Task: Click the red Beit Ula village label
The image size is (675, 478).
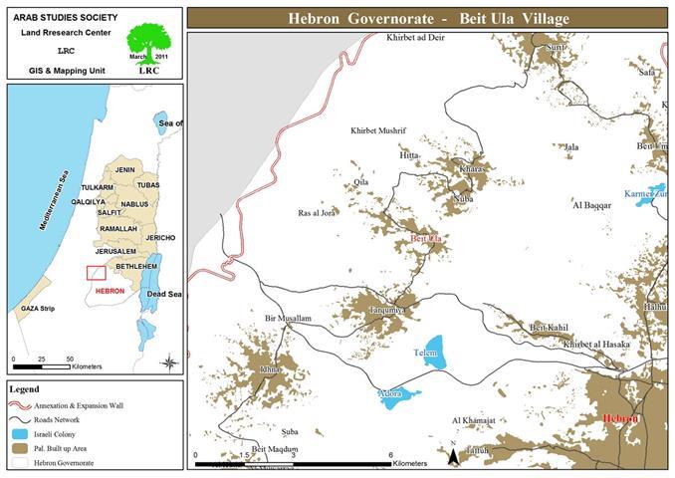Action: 426,240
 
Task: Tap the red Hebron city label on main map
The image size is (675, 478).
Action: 620,419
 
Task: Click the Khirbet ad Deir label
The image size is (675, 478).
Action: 421,38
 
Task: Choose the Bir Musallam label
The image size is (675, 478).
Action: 288,319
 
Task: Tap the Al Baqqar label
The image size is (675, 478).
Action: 590,205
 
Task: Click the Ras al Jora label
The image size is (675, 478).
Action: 317,213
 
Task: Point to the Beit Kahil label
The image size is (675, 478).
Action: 548,328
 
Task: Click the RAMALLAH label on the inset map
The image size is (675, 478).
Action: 118,229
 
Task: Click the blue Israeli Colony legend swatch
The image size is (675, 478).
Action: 20,434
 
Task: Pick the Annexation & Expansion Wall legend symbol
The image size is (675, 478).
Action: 20,405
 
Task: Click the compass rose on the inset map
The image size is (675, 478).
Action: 170,361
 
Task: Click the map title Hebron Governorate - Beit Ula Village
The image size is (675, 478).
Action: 427,18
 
